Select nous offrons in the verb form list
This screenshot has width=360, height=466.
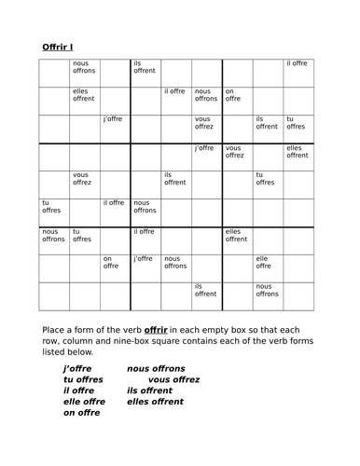pos(156,368)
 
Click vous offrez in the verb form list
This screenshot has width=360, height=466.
pos(173,379)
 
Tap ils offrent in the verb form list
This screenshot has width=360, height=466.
pos(151,391)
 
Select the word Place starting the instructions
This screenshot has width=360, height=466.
pos(53,330)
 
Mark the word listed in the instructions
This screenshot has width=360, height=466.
pos(55,352)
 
